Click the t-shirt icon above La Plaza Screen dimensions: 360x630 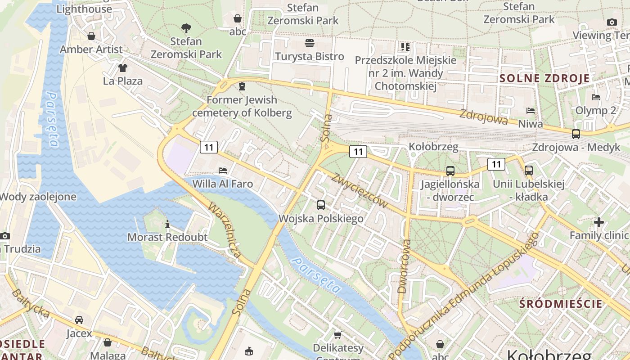(x=122, y=68)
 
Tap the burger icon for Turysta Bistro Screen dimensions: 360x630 (x=310, y=43)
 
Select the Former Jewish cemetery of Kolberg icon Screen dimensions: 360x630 (x=242, y=86)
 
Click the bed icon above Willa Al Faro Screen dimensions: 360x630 (x=222, y=171)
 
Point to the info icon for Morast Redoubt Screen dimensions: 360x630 (x=167, y=224)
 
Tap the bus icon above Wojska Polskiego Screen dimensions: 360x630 (x=321, y=205)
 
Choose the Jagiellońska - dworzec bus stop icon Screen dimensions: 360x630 (x=450, y=171)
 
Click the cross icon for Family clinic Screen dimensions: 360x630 (x=598, y=222)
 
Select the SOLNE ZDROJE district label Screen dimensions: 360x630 (x=544, y=78)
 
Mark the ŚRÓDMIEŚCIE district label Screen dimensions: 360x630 (x=560, y=304)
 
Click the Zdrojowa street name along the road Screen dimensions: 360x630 (x=483, y=117)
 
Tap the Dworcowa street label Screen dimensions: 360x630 (x=405, y=266)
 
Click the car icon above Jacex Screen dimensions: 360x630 (x=79, y=320)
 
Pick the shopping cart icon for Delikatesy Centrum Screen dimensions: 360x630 (x=338, y=335)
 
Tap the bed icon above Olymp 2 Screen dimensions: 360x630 (x=596, y=97)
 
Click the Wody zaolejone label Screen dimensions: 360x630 (x=38, y=197)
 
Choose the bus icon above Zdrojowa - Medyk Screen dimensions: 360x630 (x=576, y=134)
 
